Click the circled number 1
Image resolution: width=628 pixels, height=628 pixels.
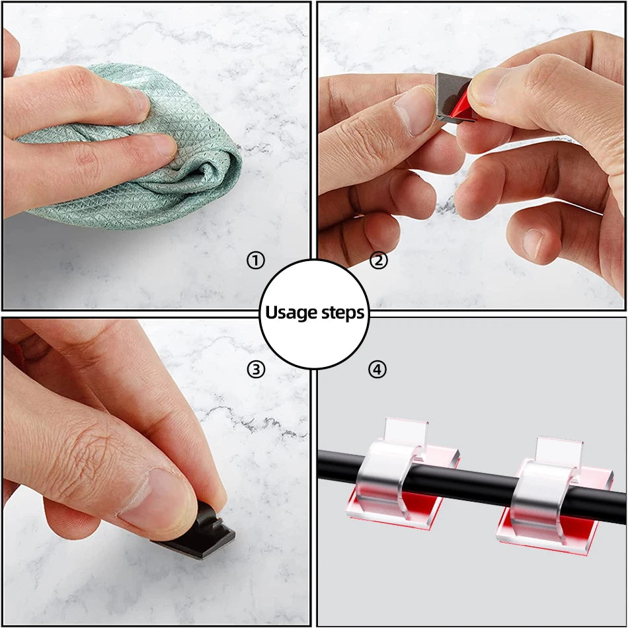click(256, 261)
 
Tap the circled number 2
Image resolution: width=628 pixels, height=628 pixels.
click(379, 260)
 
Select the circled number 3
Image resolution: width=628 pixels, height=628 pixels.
click(256, 370)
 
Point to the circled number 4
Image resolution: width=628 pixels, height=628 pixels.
click(377, 370)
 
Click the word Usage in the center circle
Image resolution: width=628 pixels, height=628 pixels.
click(289, 313)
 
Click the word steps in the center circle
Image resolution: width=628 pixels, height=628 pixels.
click(340, 313)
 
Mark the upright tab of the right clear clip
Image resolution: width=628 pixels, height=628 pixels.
click(559, 450)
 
